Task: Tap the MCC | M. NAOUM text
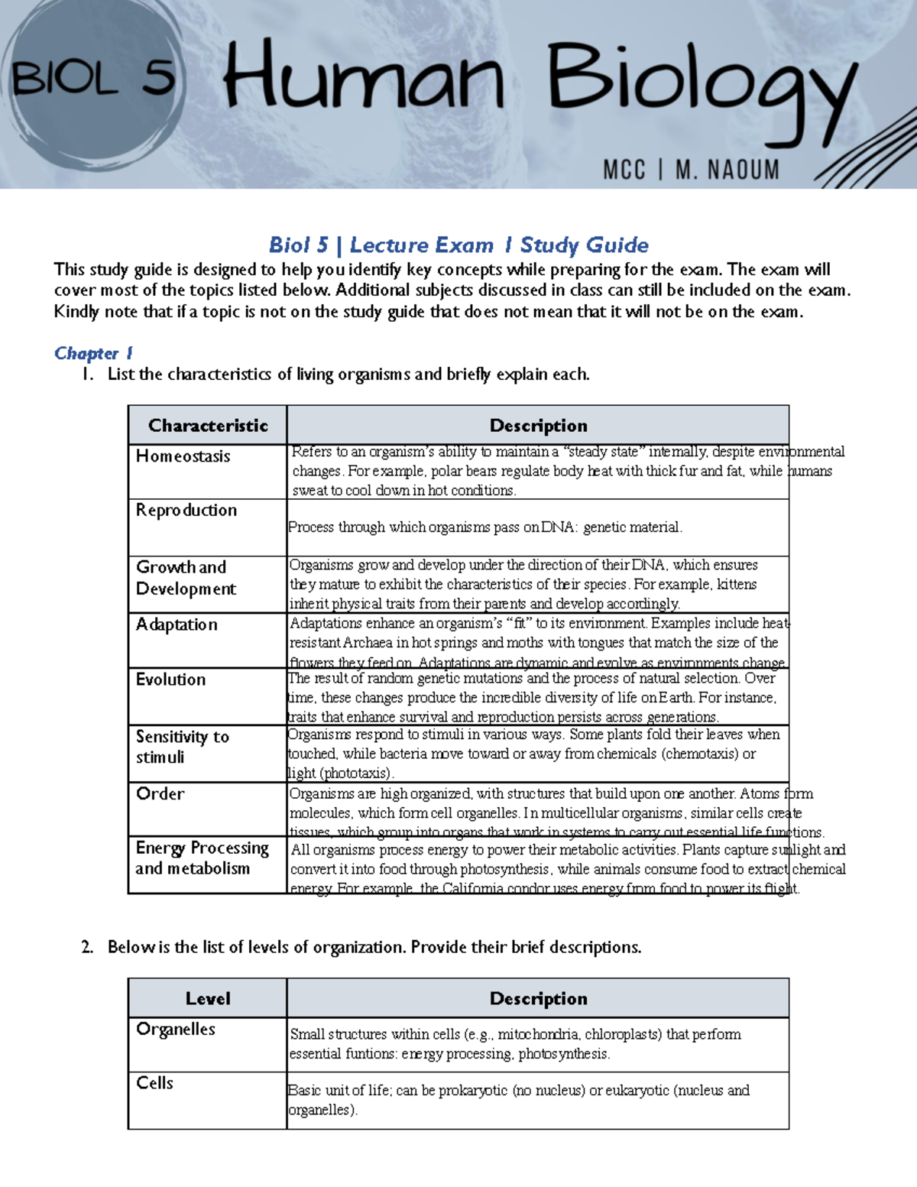(x=691, y=169)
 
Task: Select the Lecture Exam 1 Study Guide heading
(x=458, y=245)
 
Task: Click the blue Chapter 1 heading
(x=93, y=353)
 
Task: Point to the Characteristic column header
(x=208, y=426)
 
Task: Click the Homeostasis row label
(x=183, y=456)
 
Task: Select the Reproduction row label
(x=186, y=510)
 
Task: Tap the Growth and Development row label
(x=186, y=578)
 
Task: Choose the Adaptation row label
(x=177, y=624)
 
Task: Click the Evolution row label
(x=170, y=679)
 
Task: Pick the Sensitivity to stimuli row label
(x=182, y=747)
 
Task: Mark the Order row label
(x=160, y=793)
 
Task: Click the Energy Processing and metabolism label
(x=202, y=858)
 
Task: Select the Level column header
(x=208, y=999)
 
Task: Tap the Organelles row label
(x=176, y=1030)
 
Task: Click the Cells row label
(x=154, y=1083)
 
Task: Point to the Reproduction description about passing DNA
(x=485, y=527)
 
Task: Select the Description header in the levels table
(x=538, y=999)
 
